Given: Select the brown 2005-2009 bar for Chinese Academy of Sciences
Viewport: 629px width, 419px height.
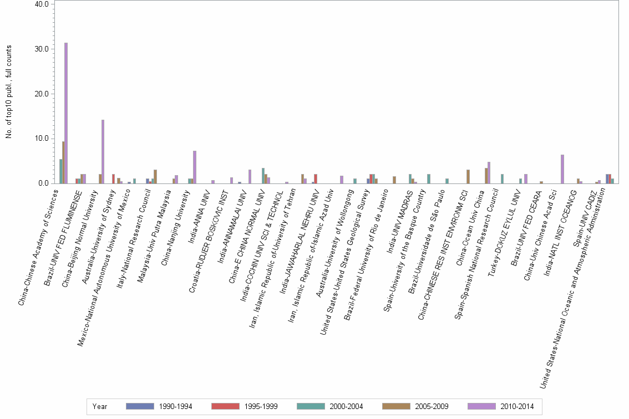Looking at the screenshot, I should [63, 162].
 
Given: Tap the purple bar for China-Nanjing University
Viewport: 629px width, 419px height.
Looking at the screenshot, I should [195, 167].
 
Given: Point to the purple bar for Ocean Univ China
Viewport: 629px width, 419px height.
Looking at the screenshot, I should [489, 172].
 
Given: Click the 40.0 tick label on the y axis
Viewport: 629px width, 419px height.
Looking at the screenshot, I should [42, 4].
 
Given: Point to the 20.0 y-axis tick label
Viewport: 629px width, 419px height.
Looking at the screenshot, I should [42, 94].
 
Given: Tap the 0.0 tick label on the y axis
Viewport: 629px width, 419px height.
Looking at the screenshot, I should [44, 183].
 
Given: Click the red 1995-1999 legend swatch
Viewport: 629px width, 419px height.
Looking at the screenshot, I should [225, 406].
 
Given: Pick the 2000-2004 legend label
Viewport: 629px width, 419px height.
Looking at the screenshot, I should [346, 406].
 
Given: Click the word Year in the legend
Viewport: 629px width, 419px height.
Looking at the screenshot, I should [100, 406].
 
